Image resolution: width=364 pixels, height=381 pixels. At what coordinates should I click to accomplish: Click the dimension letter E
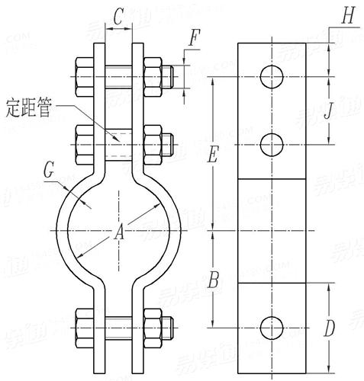[x=214, y=155]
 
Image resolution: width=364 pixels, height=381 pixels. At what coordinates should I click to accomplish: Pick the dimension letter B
[x=214, y=280]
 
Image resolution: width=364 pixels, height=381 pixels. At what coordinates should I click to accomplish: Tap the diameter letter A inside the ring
[x=118, y=235]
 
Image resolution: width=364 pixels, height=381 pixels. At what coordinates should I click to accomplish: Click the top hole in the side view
[x=272, y=76]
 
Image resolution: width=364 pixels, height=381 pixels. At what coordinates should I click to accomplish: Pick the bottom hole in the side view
[x=272, y=328]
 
